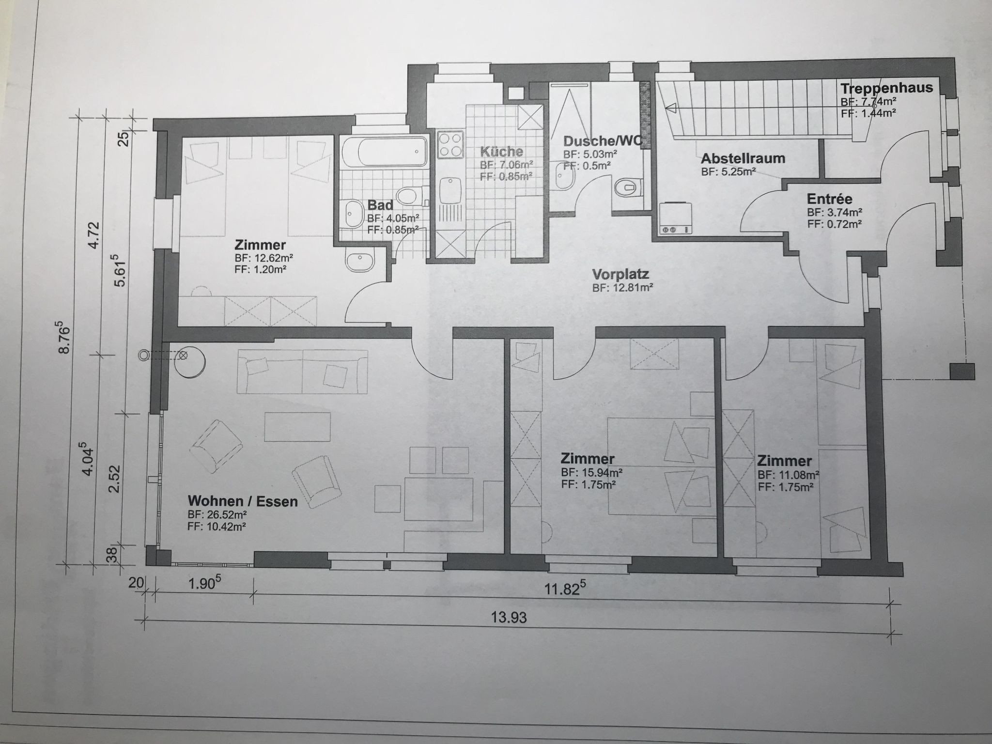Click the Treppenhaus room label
[x=886, y=89]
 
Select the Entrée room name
[x=829, y=199]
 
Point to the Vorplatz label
[x=620, y=275]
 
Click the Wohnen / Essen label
[x=243, y=501]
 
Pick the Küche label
[x=501, y=152]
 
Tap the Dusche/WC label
[x=603, y=141]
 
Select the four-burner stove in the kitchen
[x=450, y=145]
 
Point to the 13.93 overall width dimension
[x=509, y=618]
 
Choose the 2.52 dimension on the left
[x=114, y=479]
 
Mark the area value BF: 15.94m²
[x=591, y=472]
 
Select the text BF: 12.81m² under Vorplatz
[x=623, y=288]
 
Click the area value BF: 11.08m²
[x=789, y=474]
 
